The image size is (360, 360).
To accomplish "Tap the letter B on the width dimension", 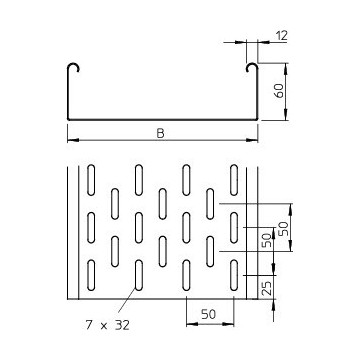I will point(163,129).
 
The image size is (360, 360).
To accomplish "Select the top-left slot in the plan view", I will point(91,177).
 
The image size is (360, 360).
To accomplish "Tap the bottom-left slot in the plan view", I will point(91,273).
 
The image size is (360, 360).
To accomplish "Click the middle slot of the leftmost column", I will point(91,225).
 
